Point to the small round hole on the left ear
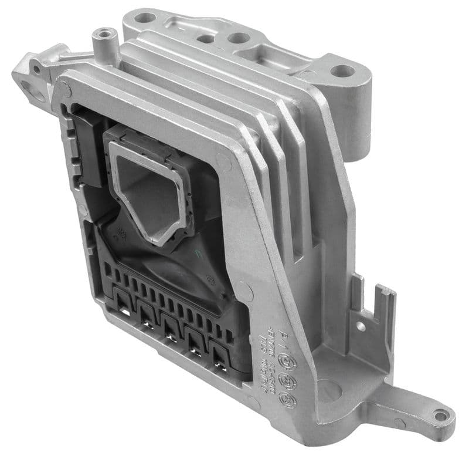pos(37,69)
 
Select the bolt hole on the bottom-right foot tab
pos(440,416)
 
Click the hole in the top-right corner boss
pos(342,72)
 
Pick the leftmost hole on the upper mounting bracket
pos(142,18)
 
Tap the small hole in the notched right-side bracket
pos(361,326)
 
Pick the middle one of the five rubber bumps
pos(171,329)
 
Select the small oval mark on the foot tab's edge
pos(400,423)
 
